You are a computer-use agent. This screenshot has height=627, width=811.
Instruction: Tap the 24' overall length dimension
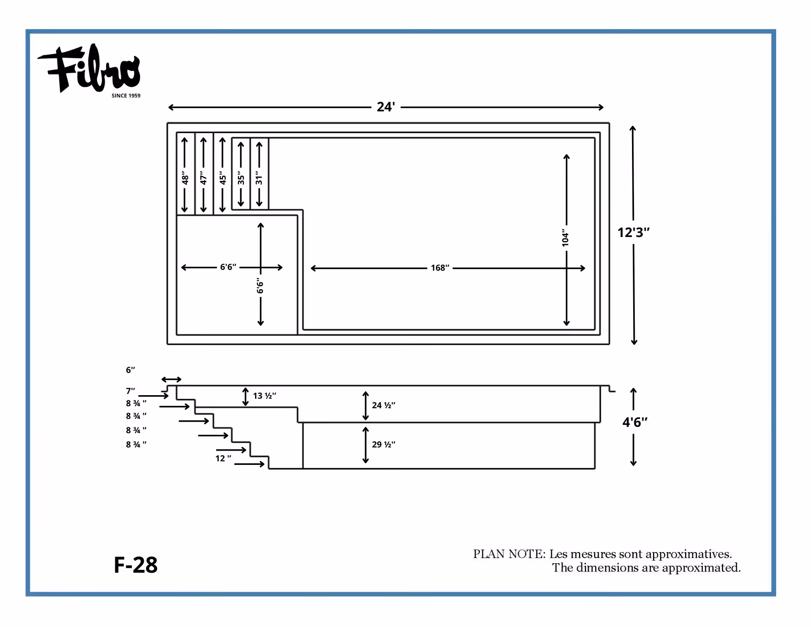pyautogui.click(x=386, y=107)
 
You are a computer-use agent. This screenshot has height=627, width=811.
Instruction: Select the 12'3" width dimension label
pyautogui.click(x=634, y=232)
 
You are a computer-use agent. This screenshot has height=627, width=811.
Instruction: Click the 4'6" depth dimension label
pyautogui.click(x=635, y=422)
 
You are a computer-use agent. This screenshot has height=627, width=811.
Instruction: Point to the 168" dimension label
pyautogui.click(x=440, y=268)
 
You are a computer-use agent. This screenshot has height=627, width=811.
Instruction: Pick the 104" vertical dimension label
pyautogui.click(x=565, y=237)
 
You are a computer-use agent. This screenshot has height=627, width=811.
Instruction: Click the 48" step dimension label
pyautogui.click(x=185, y=178)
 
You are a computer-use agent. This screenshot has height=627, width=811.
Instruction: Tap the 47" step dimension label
pyautogui.click(x=204, y=178)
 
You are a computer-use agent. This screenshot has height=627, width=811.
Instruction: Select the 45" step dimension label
pyautogui.click(x=223, y=178)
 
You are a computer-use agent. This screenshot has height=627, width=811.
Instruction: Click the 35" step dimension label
pyautogui.click(x=241, y=178)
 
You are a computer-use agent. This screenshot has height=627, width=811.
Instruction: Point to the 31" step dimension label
pyautogui.click(x=259, y=178)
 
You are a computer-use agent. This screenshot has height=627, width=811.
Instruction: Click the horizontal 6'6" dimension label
pyautogui.click(x=228, y=267)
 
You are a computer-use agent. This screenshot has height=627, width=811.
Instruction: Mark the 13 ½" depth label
pyautogui.click(x=265, y=396)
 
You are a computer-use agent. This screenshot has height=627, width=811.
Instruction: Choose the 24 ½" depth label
pyautogui.click(x=384, y=405)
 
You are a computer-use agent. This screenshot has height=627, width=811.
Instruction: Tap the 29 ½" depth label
pyautogui.click(x=384, y=444)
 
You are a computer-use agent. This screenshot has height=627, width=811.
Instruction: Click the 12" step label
pyautogui.click(x=223, y=458)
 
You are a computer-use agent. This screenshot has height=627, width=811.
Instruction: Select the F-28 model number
pyautogui.click(x=135, y=565)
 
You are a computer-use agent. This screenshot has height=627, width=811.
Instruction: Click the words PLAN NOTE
pyautogui.click(x=509, y=554)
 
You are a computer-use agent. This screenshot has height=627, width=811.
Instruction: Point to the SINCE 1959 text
pyautogui.click(x=126, y=96)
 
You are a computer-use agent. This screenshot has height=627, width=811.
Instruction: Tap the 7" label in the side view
pyautogui.click(x=130, y=391)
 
